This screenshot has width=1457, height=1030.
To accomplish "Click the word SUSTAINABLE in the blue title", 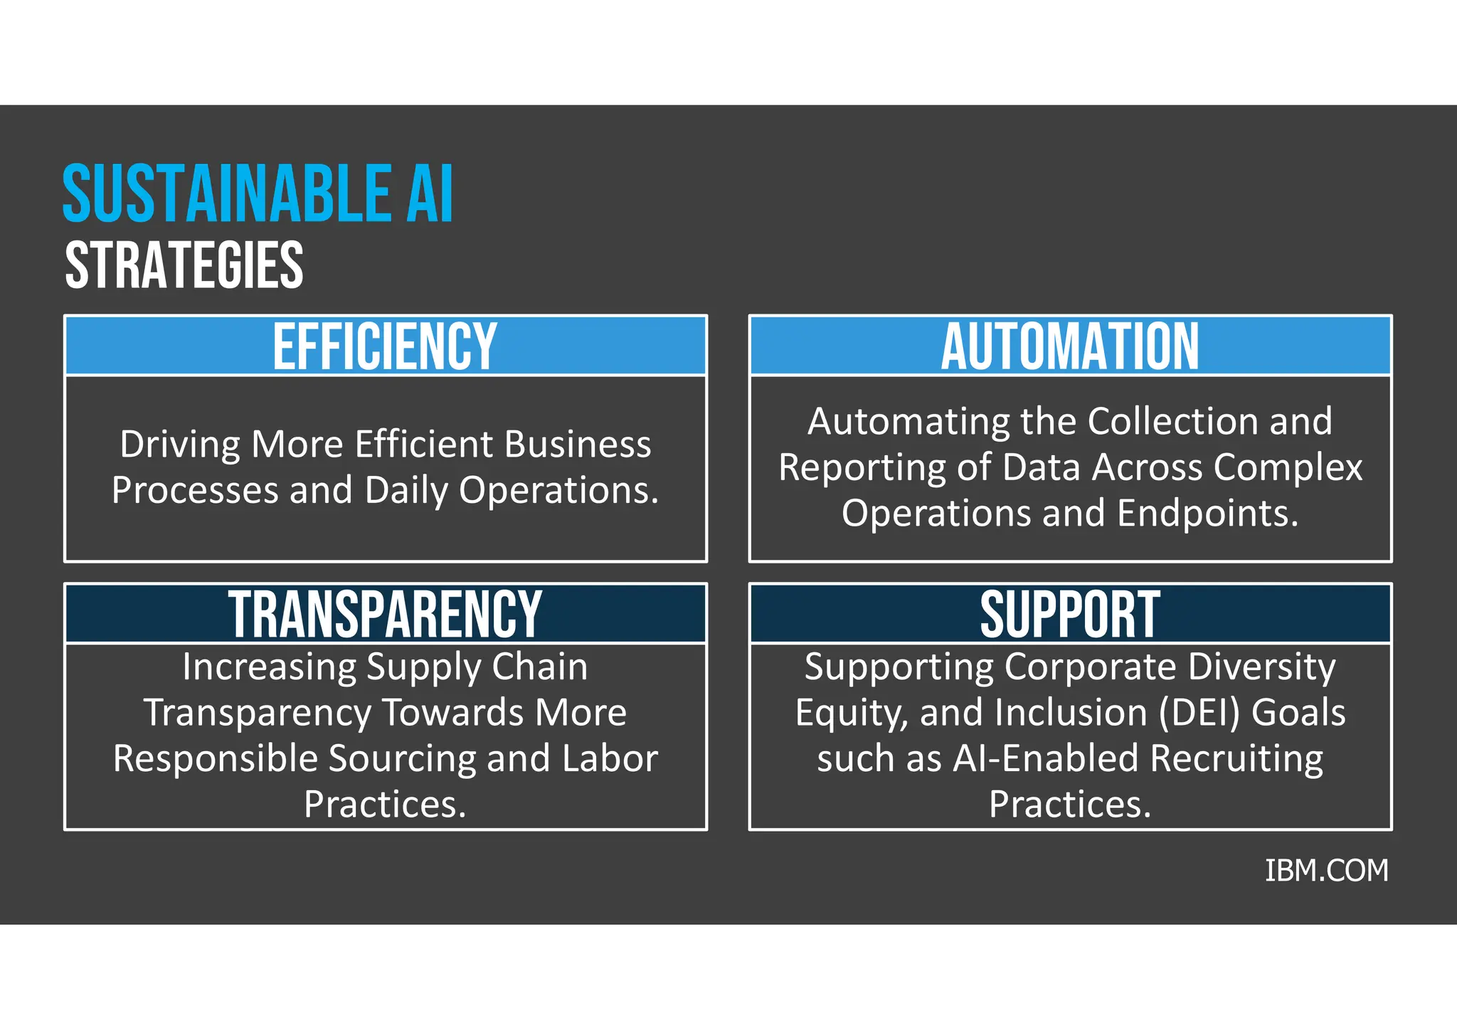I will tap(226, 193).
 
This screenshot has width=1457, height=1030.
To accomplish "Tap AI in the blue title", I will tap(429, 193).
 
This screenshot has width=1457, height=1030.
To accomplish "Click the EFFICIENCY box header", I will tap(385, 346).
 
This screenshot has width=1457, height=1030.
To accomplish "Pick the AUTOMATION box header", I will tap(1070, 346).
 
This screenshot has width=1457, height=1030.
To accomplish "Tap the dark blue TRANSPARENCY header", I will tap(385, 614).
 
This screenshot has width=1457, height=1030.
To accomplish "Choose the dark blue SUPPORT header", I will tap(1070, 614).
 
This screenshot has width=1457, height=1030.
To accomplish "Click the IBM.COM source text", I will tap(1326, 871).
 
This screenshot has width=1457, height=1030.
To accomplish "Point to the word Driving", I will tap(180, 445).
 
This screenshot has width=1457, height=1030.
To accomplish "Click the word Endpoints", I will tap(1207, 513).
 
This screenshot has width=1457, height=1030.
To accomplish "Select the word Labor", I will tap(610, 758).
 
